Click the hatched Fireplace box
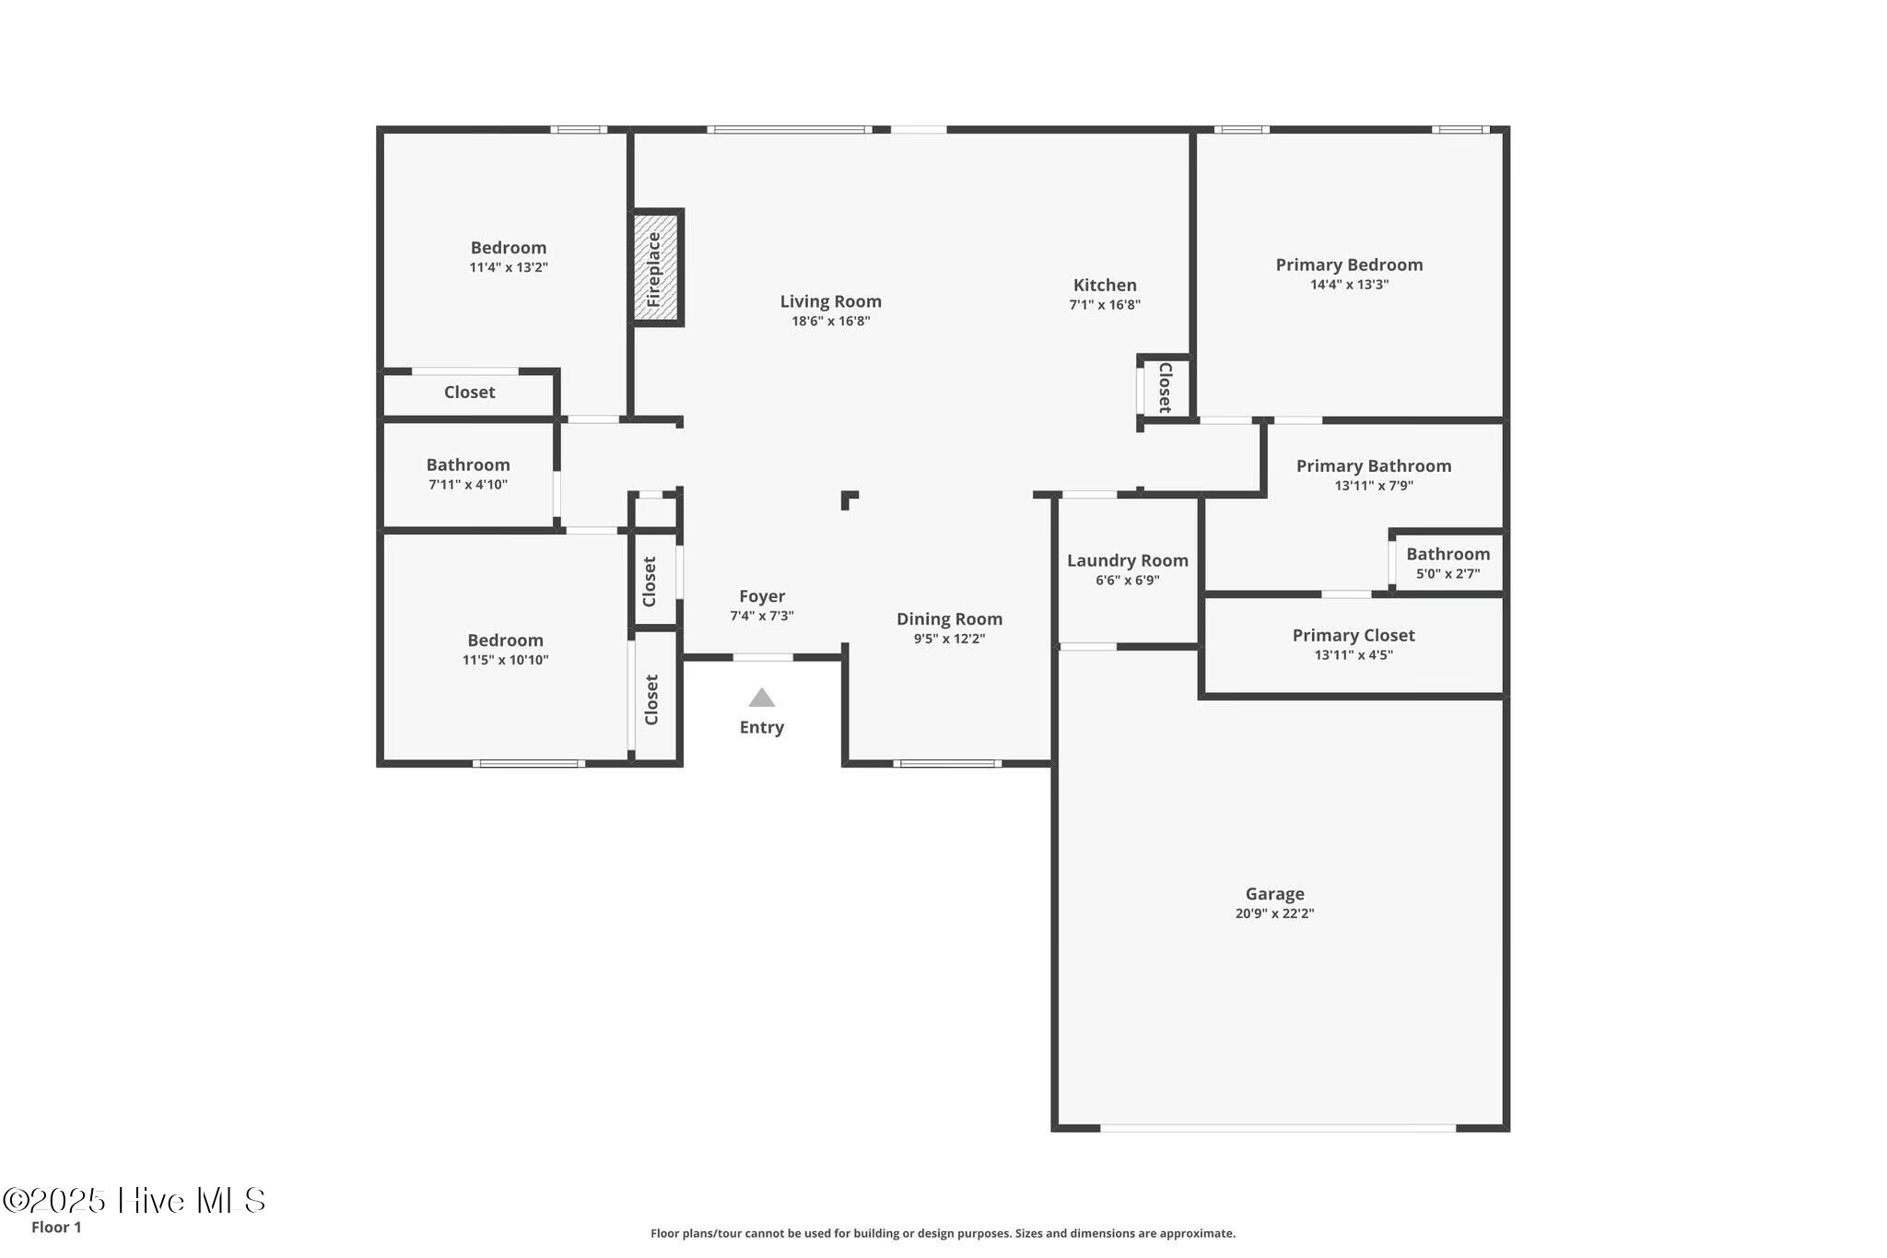pyautogui.click(x=655, y=267)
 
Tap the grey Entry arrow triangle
pyautogui.click(x=761, y=698)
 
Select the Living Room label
pyautogui.click(x=830, y=301)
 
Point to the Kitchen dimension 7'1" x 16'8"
pyautogui.click(x=1104, y=305)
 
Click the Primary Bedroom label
pyautogui.click(x=1348, y=265)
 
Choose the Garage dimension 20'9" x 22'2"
pyautogui.click(x=1274, y=913)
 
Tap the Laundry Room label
pyautogui.click(x=1127, y=560)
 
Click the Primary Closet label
pyautogui.click(x=1353, y=635)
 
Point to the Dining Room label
pyautogui.click(x=949, y=619)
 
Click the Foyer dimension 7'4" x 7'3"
pyautogui.click(x=761, y=616)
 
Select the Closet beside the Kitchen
pyautogui.click(x=1165, y=387)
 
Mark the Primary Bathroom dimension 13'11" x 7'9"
pyautogui.click(x=1373, y=486)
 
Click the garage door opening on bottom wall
pyautogui.click(x=1277, y=1128)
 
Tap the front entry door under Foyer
pyautogui.click(x=762, y=657)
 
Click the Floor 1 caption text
pyautogui.click(x=56, y=1227)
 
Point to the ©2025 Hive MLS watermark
pyautogui.click(x=135, y=1200)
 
